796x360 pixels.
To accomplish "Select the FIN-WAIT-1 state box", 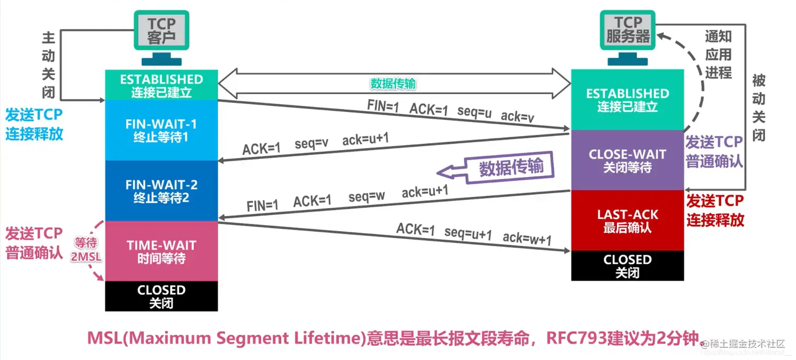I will (161, 130).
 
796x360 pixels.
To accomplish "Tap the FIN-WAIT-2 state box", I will (161, 191).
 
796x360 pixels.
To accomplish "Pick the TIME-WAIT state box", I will (161, 251).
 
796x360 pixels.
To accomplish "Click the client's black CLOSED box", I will (161, 296).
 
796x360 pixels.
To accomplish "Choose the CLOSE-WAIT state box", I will (628, 161).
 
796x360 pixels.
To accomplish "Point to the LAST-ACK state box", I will (628, 221).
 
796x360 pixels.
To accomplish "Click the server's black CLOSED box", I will (628, 265).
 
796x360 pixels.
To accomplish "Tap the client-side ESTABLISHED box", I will (161, 85).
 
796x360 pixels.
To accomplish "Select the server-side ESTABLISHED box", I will (628, 99).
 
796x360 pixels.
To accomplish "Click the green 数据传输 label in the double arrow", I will (394, 84).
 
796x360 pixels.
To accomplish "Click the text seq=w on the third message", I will (367, 197).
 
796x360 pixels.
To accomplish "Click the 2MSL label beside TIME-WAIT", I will (85, 258).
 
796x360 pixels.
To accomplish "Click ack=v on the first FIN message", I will (518, 117).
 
